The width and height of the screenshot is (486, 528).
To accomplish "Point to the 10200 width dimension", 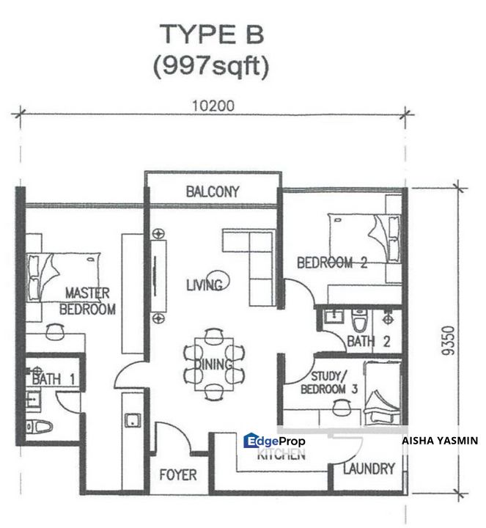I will pyautogui.click(x=214, y=106).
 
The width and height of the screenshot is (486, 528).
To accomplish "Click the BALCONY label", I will pyautogui.click(x=213, y=192).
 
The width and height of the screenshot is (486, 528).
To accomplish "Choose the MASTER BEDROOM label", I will pyautogui.click(x=87, y=301).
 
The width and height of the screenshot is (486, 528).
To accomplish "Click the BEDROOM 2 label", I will pyautogui.click(x=331, y=263).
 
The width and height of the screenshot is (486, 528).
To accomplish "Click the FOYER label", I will pyautogui.click(x=178, y=475).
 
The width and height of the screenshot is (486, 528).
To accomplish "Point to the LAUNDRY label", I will pyautogui.click(x=369, y=469).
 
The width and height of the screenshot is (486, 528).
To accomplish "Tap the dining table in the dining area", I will pyautogui.click(x=213, y=364).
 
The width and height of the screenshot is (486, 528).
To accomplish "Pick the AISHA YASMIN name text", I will pyautogui.click(x=440, y=441).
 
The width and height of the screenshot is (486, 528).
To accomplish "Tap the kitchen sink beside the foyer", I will pyautogui.click(x=133, y=420).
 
